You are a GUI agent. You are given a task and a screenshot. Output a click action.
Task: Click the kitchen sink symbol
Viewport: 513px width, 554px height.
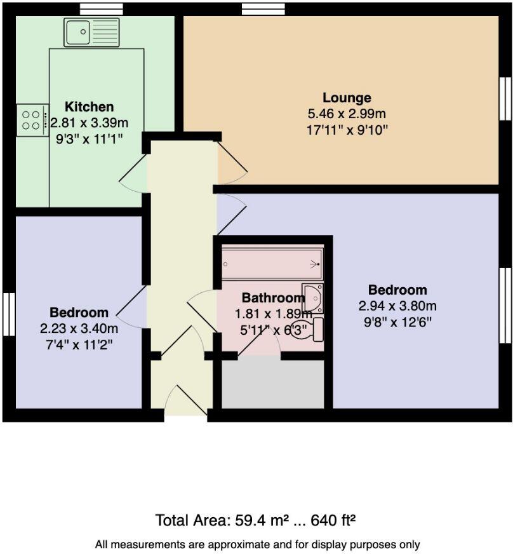tap(91, 32)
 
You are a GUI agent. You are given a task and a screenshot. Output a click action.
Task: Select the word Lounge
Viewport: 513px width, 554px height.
tap(346, 98)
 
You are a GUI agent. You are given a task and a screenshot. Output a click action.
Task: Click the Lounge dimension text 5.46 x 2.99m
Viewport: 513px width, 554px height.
tap(346, 114)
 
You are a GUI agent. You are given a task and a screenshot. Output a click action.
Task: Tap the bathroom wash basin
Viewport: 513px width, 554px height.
tap(312, 296)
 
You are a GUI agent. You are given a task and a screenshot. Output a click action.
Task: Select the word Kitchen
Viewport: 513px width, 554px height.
tap(90, 107)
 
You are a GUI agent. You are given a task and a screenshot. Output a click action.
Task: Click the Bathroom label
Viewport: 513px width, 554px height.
tap(273, 297)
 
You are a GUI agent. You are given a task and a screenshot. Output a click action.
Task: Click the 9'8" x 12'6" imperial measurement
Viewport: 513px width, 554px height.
tap(397, 321)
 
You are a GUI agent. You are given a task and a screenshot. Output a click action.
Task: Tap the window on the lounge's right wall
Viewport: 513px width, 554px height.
tap(505, 98)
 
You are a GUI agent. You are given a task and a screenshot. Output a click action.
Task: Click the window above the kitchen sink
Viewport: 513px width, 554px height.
tap(102, 9)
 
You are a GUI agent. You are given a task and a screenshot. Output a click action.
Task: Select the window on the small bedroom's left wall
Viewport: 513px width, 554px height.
tap(8, 314)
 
